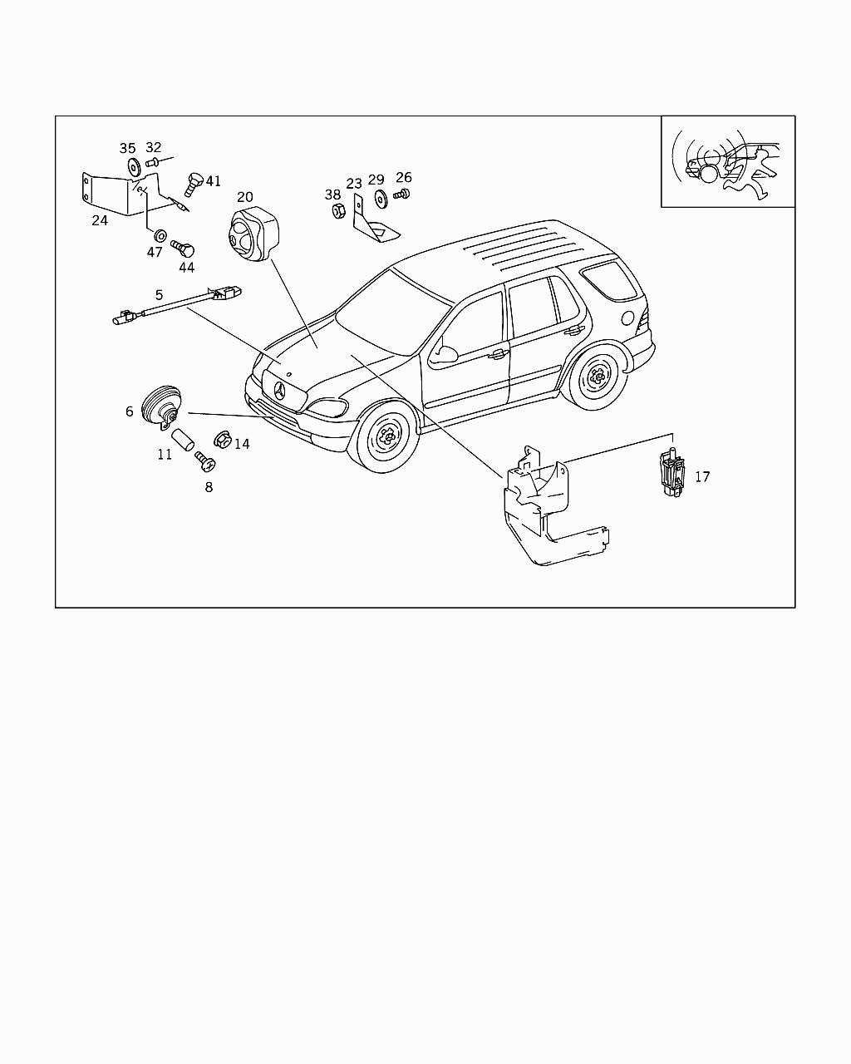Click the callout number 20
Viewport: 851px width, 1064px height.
click(x=244, y=197)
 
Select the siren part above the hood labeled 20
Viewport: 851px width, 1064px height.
click(x=252, y=234)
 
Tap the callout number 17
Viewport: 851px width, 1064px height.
click(x=702, y=476)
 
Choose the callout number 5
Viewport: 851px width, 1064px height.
click(x=159, y=294)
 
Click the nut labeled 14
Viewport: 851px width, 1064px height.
click(x=222, y=437)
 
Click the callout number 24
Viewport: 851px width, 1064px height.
click(x=100, y=220)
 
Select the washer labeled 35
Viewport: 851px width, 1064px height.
click(x=133, y=165)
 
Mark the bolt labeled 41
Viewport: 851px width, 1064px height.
click(x=193, y=182)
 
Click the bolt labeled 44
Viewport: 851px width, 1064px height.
click(x=183, y=248)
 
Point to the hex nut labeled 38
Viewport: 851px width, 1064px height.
click(x=337, y=212)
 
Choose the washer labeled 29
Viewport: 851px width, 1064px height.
click(x=381, y=199)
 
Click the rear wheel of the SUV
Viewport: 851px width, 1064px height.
click(x=597, y=378)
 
